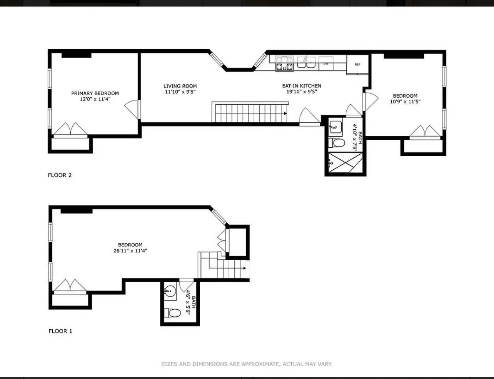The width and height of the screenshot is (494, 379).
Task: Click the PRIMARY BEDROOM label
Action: click(x=95, y=93)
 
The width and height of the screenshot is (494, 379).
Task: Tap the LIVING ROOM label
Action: click(x=180, y=86)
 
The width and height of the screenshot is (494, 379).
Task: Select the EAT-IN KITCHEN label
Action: click(x=302, y=86)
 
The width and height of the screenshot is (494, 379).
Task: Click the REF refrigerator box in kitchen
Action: click(x=357, y=65)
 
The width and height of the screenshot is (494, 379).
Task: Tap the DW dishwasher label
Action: click(x=326, y=63)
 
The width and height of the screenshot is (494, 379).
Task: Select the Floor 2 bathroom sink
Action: click(x=335, y=127)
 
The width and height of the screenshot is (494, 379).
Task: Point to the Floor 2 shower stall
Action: click(x=345, y=163)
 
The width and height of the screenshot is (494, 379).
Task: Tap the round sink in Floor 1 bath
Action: click(x=170, y=292)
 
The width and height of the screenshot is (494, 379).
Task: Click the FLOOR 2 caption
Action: click(x=60, y=175)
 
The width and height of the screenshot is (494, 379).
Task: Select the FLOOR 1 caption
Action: click(x=60, y=331)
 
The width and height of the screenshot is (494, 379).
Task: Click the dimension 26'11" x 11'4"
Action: click(x=130, y=251)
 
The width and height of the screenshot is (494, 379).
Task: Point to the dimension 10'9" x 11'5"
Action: click(x=405, y=102)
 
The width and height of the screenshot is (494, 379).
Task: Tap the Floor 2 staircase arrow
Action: click(x=285, y=114)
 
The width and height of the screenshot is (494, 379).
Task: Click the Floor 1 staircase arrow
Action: click(x=244, y=268)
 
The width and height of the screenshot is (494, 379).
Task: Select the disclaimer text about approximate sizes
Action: click(x=247, y=364)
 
